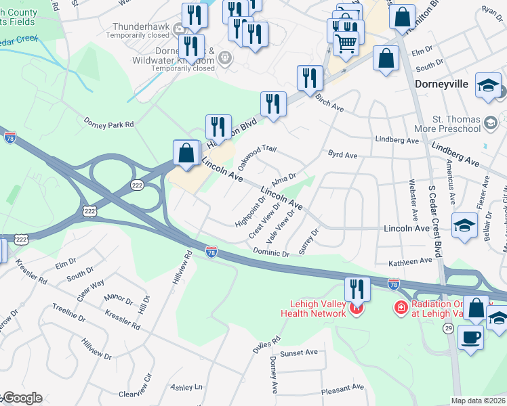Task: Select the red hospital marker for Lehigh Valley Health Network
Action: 357,310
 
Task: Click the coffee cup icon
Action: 471,337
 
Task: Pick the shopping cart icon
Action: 346,44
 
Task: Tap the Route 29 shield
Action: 448,309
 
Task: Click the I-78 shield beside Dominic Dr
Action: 211,252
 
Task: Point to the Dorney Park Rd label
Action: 109,125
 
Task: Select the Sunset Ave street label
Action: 299,353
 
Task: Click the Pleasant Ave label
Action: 344,388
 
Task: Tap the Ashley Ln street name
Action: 186,388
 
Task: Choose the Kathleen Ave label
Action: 409,261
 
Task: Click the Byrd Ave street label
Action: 342,155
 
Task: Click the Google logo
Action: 22,398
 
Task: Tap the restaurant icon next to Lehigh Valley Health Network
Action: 357,289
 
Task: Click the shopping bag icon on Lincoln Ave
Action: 186,153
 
